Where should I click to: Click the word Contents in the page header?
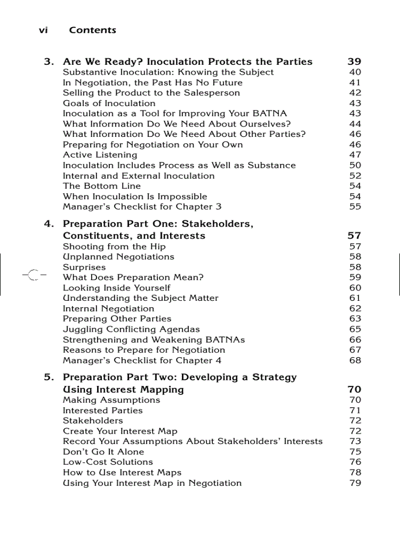tap(93, 30)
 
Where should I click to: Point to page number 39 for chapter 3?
tap(354, 62)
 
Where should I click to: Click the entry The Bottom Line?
tap(101, 186)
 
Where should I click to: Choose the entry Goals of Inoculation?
tap(109, 104)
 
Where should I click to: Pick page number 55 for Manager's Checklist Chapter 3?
tap(355, 207)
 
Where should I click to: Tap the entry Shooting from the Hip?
tap(114, 247)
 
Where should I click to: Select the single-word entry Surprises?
tap(84, 267)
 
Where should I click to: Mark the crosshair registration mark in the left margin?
tap(34, 275)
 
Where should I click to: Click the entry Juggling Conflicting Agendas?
tap(131, 329)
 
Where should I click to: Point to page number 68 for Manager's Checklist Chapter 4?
tap(355, 361)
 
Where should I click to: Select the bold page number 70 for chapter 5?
tap(354, 390)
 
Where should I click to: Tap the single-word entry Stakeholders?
tap(93, 420)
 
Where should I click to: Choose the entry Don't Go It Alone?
tap(103, 452)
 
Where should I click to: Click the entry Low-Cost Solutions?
tap(108, 462)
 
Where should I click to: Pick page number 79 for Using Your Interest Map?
tap(355, 483)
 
